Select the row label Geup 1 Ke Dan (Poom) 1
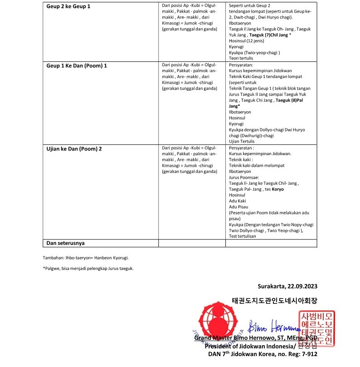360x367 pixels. coord(77,65)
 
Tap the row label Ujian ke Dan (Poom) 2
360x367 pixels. coord(74,148)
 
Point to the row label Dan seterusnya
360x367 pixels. coord(65,243)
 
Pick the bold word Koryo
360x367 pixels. coord(277,189)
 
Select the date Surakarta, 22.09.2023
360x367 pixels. coord(287,286)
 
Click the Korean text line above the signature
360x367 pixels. coord(274,300)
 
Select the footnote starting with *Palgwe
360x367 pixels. coord(88,269)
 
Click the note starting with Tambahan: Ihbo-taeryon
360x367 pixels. coord(86,258)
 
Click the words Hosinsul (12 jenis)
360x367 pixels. coord(243,40)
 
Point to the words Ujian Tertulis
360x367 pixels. coord(242,142)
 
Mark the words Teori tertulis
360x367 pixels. coord(241,58)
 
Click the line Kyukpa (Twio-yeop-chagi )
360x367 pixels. coord(254,52)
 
